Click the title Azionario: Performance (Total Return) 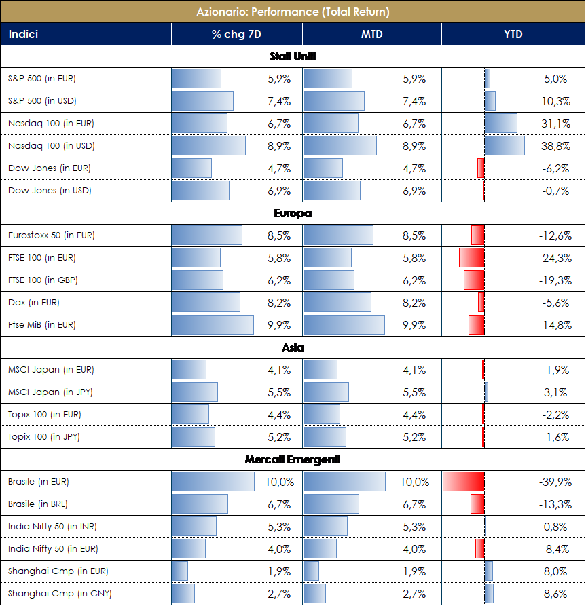(x=293, y=12)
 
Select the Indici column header (x=23, y=34)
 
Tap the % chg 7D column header (x=236, y=34)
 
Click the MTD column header (x=371, y=34)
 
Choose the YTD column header (x=513, y=34)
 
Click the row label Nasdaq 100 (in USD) (x=52, y=146)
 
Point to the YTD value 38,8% (x=555, y=146)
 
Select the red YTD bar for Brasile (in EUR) (x=463, y=482)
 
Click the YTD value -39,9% (x=553, y=482)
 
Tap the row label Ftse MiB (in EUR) (x=42, y=325)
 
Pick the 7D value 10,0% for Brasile (x=280, y=482)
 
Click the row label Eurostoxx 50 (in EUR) (x=52, y=235)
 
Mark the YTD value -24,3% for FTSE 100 (x=553, y=258)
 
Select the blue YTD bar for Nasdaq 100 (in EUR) (x=501, y=124)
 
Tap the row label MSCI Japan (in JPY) (x=51, y=392)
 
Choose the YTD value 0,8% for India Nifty (x=556, y=527)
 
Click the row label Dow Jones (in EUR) (x=50, y=168)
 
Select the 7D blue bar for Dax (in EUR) (x=206, y=303)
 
